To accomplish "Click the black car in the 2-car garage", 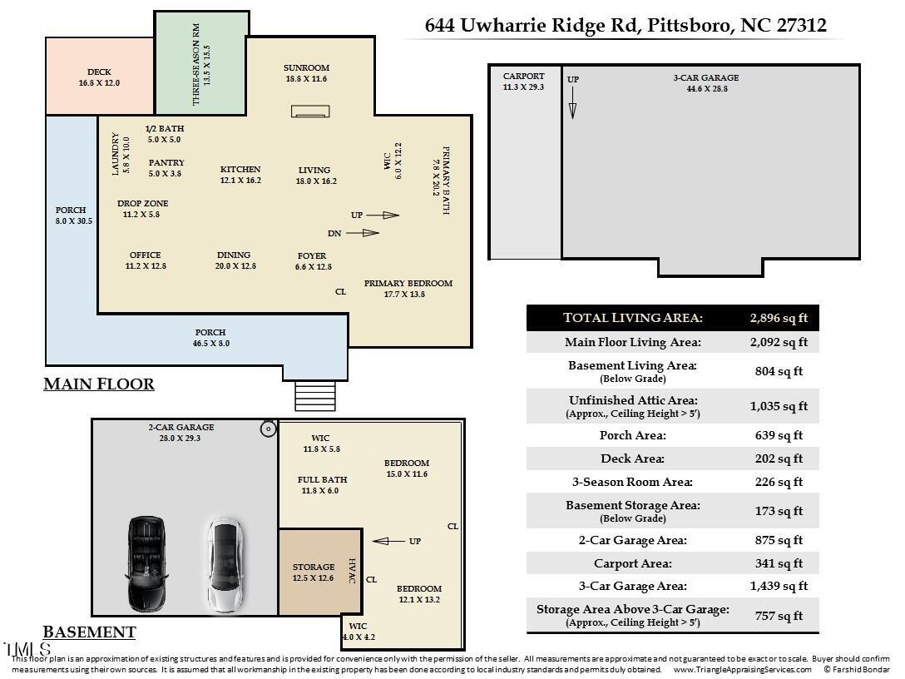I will pos(146,563).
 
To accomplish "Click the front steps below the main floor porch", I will pos(315,396).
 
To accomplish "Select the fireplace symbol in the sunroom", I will pos(311,112).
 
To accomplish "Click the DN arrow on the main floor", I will pos(362,233).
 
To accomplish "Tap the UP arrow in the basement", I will pos(389,542).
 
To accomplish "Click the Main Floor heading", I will pos(99,384).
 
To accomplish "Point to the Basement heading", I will pos(89,632).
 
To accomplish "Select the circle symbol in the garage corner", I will pos(269,429).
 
